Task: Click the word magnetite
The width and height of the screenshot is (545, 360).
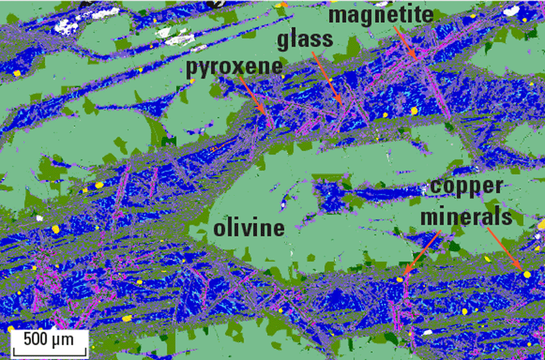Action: point(381,16)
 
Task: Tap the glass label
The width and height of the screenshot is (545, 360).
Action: point(305,39)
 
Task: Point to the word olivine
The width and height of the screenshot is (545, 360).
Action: point(248,229)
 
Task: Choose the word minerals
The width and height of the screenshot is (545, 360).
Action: point(469,215)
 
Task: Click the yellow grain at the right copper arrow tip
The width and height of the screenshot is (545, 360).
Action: point(527,274)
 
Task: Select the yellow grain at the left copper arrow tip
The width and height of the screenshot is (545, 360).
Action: point(400,279)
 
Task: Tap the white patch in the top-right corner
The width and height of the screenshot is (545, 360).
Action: point(512,10)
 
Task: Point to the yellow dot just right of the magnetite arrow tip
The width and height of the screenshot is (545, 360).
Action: point(414,111)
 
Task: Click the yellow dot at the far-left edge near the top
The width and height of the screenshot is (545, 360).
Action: point(17,73)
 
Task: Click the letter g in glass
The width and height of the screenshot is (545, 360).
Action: point(284,41)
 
